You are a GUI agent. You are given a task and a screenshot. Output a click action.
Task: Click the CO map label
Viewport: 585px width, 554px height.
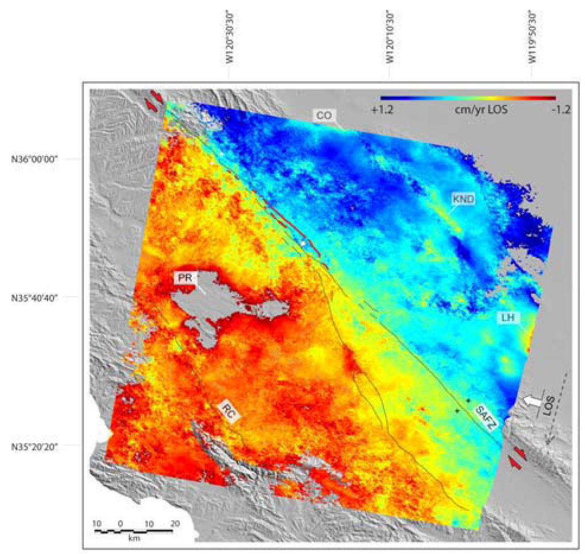pyautogui.click(x=324, y=115)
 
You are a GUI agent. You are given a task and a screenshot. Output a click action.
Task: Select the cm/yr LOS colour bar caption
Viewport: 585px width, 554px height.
pyautogui.click(x=476, y=111)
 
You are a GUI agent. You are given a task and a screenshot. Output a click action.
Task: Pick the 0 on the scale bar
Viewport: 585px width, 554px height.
pyautogui.click(x=120, y=523)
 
